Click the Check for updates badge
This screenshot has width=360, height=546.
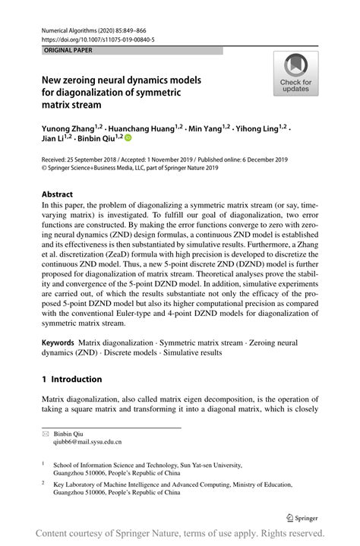(295, 74)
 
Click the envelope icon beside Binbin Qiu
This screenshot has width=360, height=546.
(46, 433)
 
